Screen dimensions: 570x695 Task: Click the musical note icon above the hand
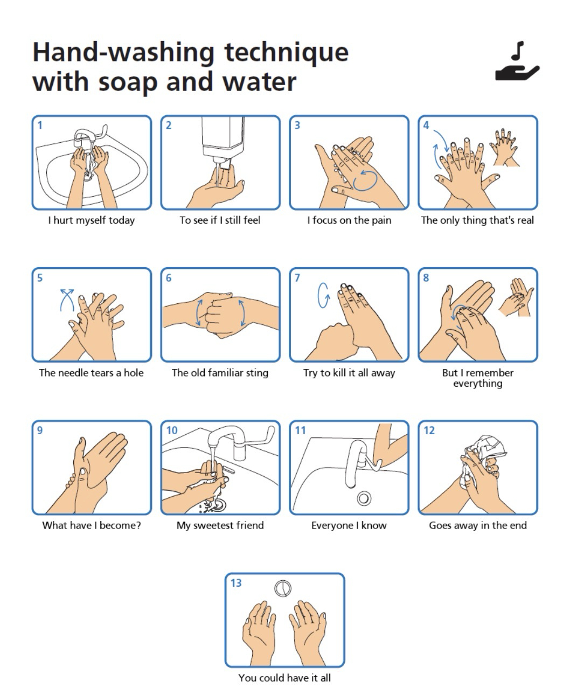pyautogui.click(x=518, y=51)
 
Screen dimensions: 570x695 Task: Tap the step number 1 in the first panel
pyautogui.click(x=40, y=126)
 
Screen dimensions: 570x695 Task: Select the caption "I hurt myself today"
pyautogui.click(x=91, y=220)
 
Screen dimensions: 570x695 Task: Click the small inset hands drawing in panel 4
pyautogui.click(x=504, y=148)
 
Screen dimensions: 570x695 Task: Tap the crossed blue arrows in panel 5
pyautogui.click(x=67, y=300)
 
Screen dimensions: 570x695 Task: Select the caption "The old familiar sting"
pyautogui.click(x=220, y=373)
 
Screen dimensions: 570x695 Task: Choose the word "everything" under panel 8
pyautogui.click(x=478, y=384)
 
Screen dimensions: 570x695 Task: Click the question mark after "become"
pyautogui.click(x=138, y=525)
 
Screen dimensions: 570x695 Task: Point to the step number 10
pyautogui.click(x=172, y=430)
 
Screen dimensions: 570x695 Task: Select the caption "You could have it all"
pyautogui.click(x=284, y=678)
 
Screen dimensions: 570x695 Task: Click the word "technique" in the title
pyautogui.click(x=286, y=53)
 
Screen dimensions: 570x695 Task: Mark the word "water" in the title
pyautogui.click(x=259, y=81)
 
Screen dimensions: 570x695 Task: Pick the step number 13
pyautogui.click(x=236, y=583)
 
